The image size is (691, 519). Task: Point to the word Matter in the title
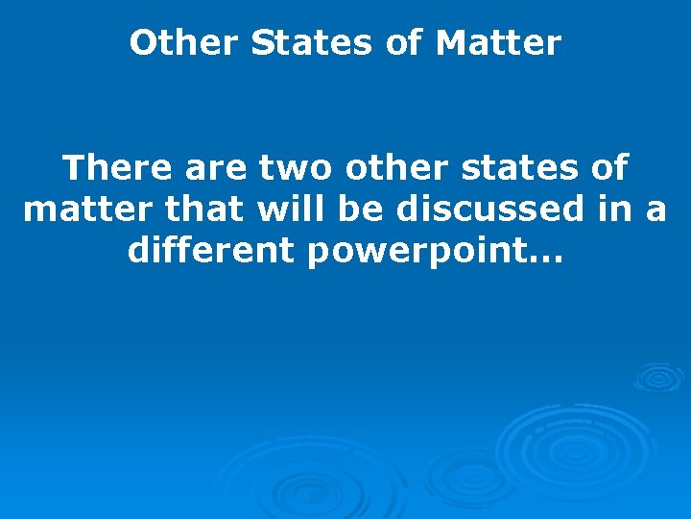click(498, 43)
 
